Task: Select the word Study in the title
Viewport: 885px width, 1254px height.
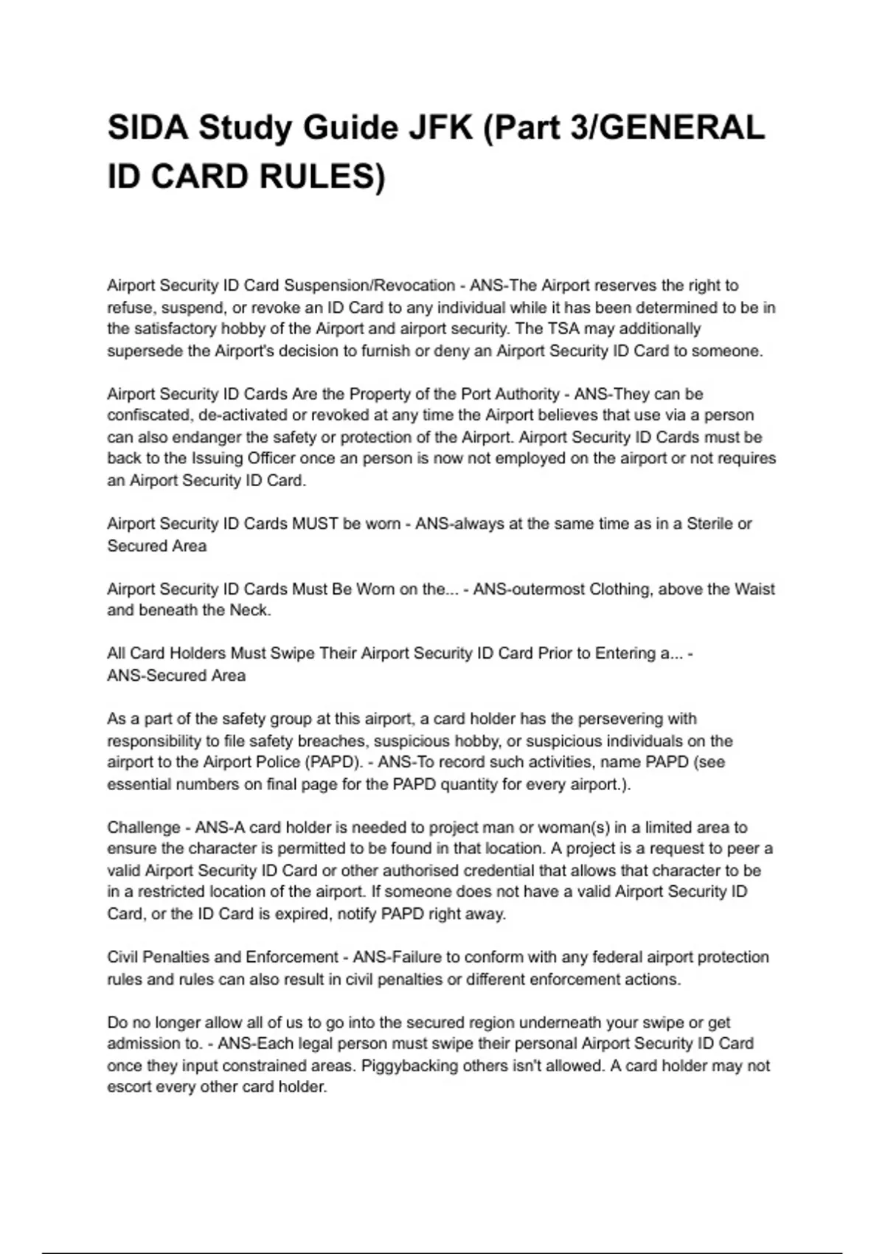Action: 244,128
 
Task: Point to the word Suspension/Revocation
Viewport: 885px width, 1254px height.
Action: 369,285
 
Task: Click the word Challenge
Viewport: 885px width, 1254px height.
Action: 144,828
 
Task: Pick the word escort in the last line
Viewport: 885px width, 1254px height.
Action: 129,1087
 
